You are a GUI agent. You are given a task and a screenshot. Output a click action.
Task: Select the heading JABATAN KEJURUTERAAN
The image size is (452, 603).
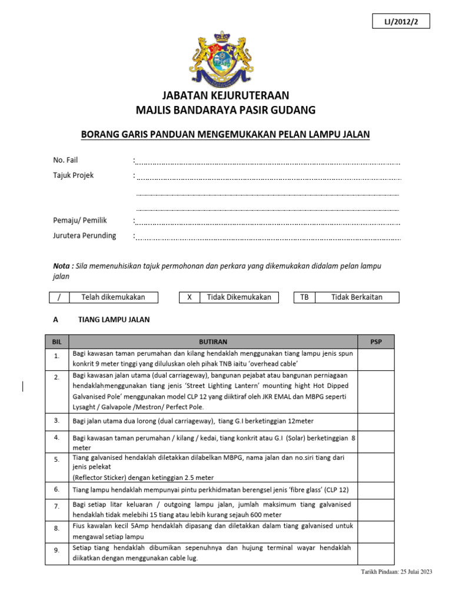coord(226,96)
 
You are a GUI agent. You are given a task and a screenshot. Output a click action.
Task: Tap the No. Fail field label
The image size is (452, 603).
coord(65,160)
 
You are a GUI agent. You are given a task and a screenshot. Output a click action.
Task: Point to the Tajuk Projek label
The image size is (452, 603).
coord(74,175)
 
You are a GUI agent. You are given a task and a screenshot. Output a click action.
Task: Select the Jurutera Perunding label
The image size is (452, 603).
coord(85,236)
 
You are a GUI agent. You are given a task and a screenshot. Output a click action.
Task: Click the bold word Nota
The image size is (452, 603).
coord(62,266)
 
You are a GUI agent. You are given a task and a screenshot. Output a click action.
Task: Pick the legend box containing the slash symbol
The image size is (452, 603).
coord(59,297)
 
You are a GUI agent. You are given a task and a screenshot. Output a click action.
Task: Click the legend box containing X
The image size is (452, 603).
coord(190,297)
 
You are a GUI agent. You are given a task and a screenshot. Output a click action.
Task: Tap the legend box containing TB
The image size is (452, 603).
coord(304,297)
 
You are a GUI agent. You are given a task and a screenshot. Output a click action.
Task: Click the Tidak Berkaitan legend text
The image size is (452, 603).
coord(357,297)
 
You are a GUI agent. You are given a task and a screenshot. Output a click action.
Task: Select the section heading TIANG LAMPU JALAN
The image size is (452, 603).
coord(114,320)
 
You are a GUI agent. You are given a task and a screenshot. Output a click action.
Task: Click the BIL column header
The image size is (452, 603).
coord(56,342)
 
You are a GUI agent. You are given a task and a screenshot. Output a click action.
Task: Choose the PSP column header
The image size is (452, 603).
coord(376,342)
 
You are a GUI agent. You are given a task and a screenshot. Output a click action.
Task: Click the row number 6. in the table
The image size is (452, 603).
coord(56,489)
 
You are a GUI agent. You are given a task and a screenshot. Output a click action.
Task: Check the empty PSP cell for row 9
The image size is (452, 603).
coord(376,553)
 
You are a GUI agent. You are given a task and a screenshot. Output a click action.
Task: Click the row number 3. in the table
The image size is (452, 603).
coord(56,420)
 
